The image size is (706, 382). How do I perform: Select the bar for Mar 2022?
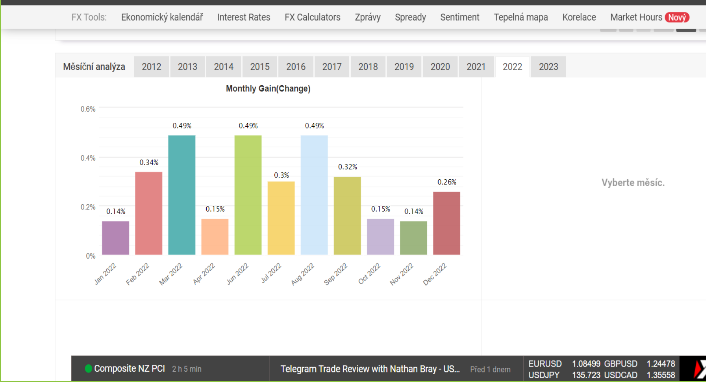pyautogui.click(x=182, y=195)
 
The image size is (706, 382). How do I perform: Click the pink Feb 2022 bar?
pyautogui.click(x=149, y=213)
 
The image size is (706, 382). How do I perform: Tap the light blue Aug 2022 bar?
pyautogui.click(x=314, y=195)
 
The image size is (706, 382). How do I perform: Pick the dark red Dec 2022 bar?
pyautogui.click(x=446, y=223)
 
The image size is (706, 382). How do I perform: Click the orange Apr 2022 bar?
pyautogui.click(x=215, y=237)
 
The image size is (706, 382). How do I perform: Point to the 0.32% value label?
pyautogui.click(x=347, y=167)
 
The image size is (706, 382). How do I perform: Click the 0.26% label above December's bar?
pyautogui.click(x=447, y=182)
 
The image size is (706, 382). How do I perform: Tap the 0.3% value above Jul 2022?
pyautogui.click(x=281, y=175)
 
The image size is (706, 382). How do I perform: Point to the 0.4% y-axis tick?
pyautogui.click(x=88, y=158)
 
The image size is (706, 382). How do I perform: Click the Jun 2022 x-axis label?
pyautogui.click(x=238, y=274)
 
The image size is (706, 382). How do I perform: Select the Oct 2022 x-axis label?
pyautogui.click(x=369, y=274)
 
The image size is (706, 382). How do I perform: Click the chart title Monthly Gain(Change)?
pyautogui.click(x=268, y=89)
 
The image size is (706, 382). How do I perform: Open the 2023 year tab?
pyautogui.click(x=548, y=67)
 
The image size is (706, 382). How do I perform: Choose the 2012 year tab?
pyautogui.click(x=151, y=67)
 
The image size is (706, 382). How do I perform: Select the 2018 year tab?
pyautogui.click(x=368, y=67)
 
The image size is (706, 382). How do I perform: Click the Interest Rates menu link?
pyautogui.click(x=243, y=17)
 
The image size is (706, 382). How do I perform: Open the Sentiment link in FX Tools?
pyautogui.click(x=460, y=17)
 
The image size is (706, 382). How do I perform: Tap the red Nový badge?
pyautogui.click(x=677, y=17)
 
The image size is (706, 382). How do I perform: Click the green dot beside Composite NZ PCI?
pyautogui.click(x=88, y=368)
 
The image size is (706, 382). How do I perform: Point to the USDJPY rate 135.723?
pyautogui.click(x=586, y=375)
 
